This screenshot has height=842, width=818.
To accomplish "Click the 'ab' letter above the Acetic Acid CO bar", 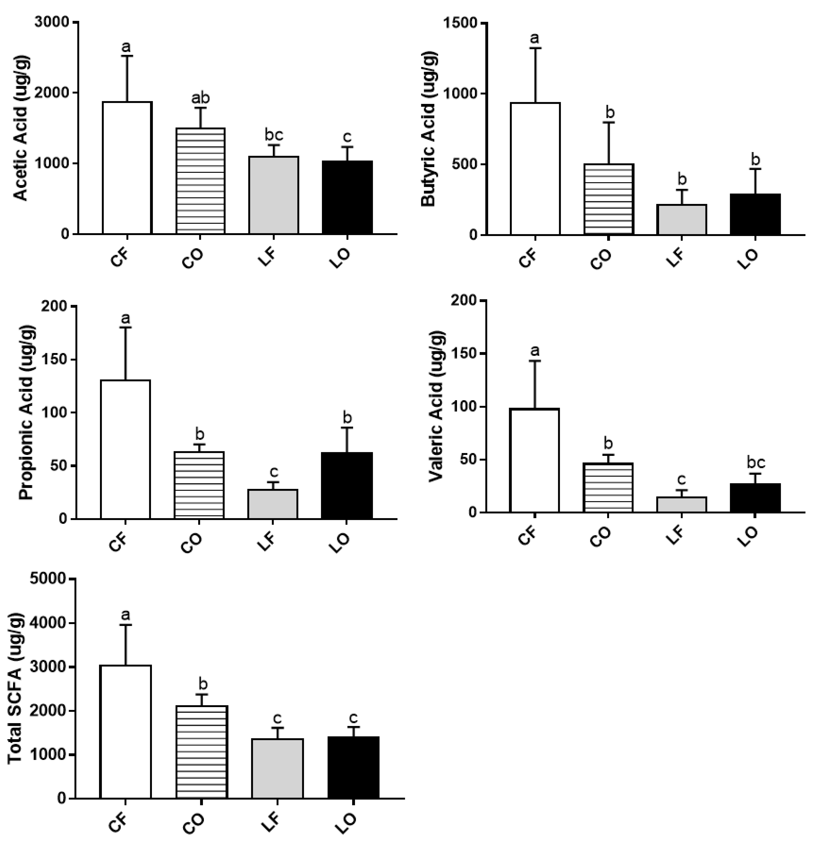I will point(200,98).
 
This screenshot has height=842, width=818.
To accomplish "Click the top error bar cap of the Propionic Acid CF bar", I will point(126,328).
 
